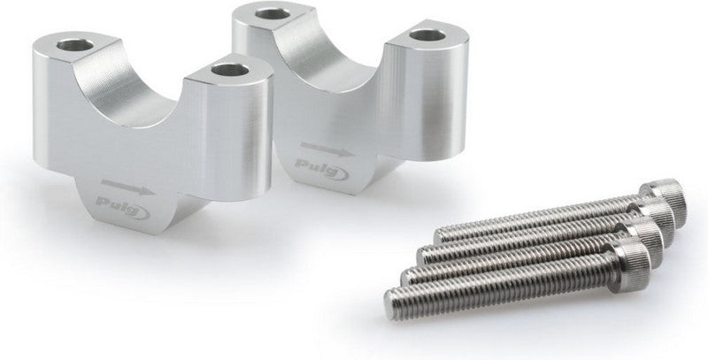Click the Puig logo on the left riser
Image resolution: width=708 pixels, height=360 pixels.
pyautogui.click(x=123, y=207)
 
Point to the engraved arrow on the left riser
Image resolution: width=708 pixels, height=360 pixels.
pyautogui.click(x=127, y=187)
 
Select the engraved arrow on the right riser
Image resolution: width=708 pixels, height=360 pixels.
pyautogui.click(x=327, y=149)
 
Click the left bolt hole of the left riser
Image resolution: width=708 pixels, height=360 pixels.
pyautogui.click(x=75, y=44)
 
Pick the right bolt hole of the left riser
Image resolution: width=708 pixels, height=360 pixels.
pyautogui.click(x=230, y=70)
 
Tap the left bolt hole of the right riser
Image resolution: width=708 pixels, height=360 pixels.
pyautogui.click(x=273, y=13)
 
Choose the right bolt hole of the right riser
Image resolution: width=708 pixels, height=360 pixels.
pyautogui.click(x=427, y=35)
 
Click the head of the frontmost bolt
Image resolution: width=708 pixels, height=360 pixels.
pyautogui.click(x=630, y=264)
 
